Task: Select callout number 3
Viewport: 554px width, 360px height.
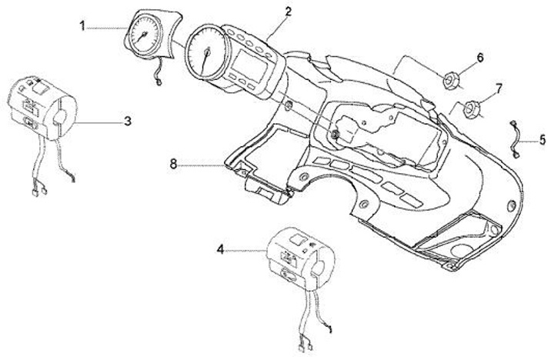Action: [x=127, y=121]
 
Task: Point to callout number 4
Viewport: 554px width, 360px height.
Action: [x=221, y=248]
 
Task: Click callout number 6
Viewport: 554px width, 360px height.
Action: [x=479, y=58]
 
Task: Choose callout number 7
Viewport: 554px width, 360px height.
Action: [x=499, y=89]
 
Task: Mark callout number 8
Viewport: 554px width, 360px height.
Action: [x=174, y=163]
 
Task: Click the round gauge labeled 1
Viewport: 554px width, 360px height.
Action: [x=146, y=35]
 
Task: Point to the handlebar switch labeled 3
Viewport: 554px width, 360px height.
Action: [x=42, y=107]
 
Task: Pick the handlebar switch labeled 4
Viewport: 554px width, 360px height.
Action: [x=293, y=254]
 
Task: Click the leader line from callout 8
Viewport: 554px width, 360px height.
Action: [x=204, y=163]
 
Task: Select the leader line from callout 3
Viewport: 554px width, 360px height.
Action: [x=99, y=121]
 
